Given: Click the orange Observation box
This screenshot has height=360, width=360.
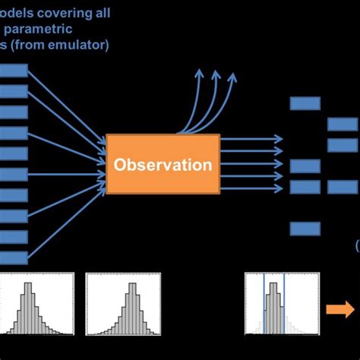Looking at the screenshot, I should (x=163, y=164).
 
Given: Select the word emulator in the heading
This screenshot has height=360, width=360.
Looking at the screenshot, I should (x=84, y=44).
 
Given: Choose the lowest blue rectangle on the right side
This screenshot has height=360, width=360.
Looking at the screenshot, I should (x=305, y=228).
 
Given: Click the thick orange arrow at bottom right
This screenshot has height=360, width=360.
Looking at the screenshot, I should (x=340, y=308).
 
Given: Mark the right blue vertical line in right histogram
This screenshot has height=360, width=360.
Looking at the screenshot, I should (x=284, y=304).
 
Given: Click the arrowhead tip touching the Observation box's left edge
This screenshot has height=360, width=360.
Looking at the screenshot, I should (x=106, y=164).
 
